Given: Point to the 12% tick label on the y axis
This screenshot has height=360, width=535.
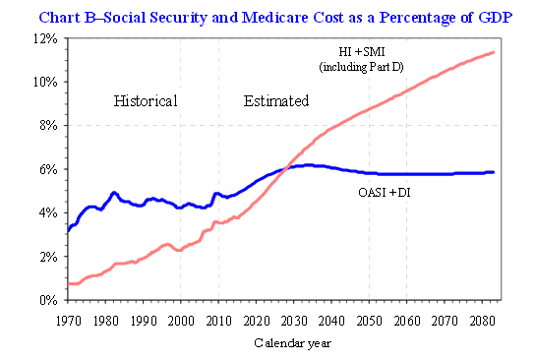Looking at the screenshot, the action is tap(45, 38).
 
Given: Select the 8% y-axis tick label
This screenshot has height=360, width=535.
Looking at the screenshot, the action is tap(48, 126).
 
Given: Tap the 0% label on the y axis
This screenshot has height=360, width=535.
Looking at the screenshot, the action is tap(48, 300).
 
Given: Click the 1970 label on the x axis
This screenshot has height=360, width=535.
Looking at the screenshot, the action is tap(68, 321).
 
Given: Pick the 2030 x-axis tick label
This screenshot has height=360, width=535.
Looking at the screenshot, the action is tap(294, 321).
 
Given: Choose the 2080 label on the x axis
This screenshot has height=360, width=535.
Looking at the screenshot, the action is tap(482, 321).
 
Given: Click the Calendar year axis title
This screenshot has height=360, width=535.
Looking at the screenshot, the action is tap(292, 342).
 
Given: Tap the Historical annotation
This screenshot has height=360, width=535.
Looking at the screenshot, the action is tap(146, 101).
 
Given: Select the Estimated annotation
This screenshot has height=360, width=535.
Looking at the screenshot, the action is tap(276, 101).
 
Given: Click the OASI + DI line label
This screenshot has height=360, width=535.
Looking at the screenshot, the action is tap(385, 193).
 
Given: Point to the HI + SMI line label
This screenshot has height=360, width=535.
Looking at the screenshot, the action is tap(362, 52).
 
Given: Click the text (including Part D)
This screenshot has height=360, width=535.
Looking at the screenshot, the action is tap(361, 67).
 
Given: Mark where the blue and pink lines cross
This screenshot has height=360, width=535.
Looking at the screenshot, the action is tap(287, 168).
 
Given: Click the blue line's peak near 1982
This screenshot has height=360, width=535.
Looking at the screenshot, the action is tap(114, 193).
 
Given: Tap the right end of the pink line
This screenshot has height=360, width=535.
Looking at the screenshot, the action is tap(493, 52).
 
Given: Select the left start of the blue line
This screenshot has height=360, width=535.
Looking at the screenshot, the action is tap(69, 231).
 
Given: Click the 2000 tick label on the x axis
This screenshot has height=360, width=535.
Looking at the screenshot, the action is tap(181, 321).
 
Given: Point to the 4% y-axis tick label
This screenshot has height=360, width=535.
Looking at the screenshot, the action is tap(48, 212).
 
